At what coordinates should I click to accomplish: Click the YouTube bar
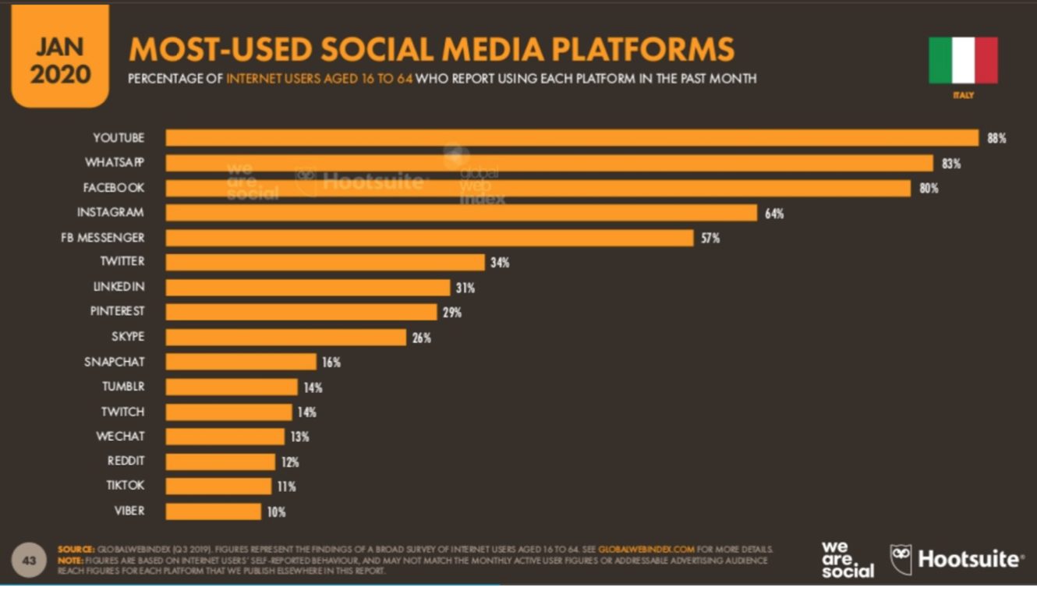(572, 138)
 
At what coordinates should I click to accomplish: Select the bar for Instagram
(461, 213)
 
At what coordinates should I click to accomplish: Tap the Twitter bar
(325, 262)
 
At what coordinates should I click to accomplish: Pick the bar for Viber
(213, 511)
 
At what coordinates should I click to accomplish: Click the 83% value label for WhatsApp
(950, 164)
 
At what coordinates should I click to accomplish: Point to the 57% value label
(710, 238)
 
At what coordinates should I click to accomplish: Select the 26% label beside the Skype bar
(422, 338)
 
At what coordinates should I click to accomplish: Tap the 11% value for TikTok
(286, 487)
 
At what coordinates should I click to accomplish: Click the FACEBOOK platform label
(114, 188)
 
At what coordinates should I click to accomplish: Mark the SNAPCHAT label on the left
(114, 362)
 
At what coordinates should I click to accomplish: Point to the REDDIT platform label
(125, 461)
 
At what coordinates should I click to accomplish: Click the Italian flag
(963, 61)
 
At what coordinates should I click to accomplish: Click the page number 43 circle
(29, 561)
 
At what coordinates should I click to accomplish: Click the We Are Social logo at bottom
(847, 560)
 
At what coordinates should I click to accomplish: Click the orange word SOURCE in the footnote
(76, 549)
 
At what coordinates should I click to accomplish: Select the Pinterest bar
(301, 312)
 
